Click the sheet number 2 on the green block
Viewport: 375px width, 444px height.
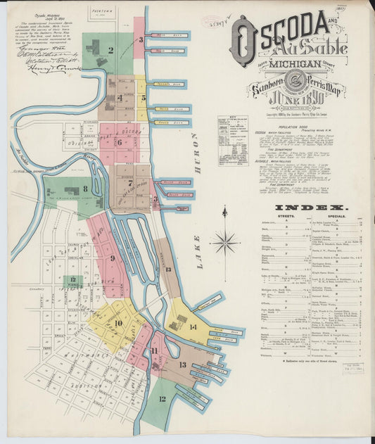[x=111, y=50]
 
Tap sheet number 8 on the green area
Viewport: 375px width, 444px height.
[x=85, y=189]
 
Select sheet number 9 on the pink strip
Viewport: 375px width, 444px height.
[x=112, y=258]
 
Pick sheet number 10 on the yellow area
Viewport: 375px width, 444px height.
[x=118, y=323]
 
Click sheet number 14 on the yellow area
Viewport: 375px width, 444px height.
[x=192, y=326]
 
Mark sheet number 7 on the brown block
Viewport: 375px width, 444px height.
[x=130, y=184]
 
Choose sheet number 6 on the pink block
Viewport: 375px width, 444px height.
[x=119, y=141]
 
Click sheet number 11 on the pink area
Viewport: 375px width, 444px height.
[x=154, y=350]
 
